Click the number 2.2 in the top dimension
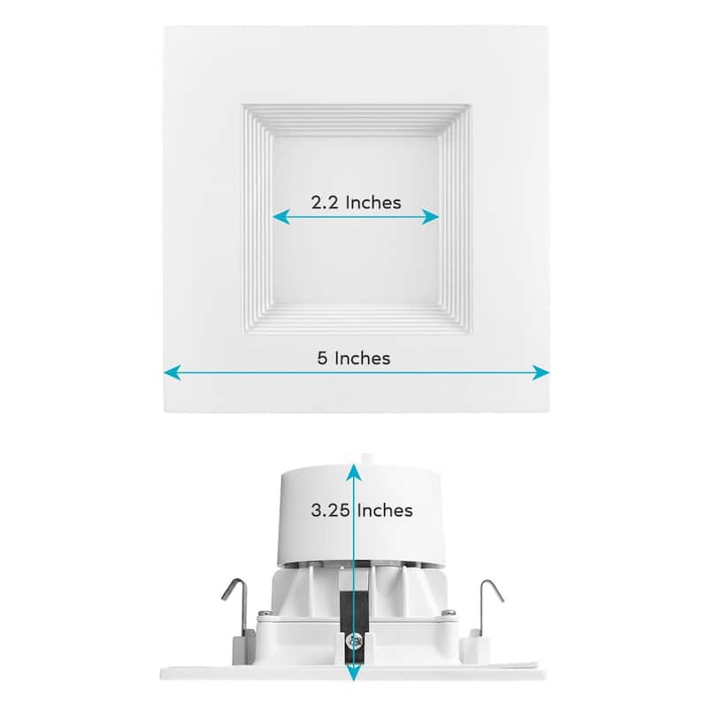tap(326, 202)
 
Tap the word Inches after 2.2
tap(373, 202)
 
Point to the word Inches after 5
tap(361, 358)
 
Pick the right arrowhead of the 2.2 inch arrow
tap(435, 217)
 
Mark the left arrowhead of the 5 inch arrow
tap(168, 373)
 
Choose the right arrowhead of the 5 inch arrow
tap(543, 373)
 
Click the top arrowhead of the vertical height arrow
tap(354, 461)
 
